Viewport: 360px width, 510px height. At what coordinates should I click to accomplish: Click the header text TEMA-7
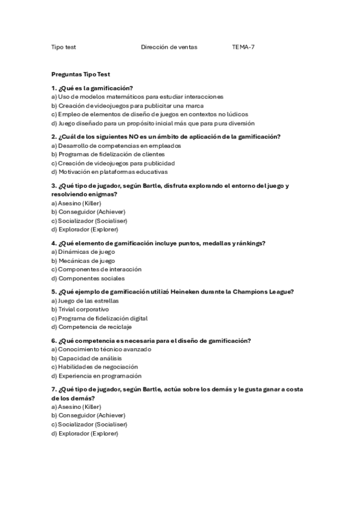pyautogui.click(x=243, y=46)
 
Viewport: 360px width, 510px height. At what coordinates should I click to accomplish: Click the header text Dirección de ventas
pyautogui.click(x=169, y=46)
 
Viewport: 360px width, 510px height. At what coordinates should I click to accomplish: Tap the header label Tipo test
pyautogui.click(x=63, y=46)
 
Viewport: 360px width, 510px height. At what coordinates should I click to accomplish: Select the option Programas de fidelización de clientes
pyautogui.click(x=108, y=154)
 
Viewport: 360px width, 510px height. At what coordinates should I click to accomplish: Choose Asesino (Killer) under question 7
pyautogui.click(x=76, y=407)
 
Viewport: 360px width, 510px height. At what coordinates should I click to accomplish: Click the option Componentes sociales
pyautogui.click(x=79, y=278)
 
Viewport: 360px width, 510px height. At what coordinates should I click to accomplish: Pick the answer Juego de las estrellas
pyautogui.click(x=85, y=300)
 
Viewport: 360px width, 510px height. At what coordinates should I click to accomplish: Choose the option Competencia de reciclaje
pyautogui.click(x=91, y=327)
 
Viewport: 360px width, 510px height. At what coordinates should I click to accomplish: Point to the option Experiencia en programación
pyautogui.click(x=93, y=375)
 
